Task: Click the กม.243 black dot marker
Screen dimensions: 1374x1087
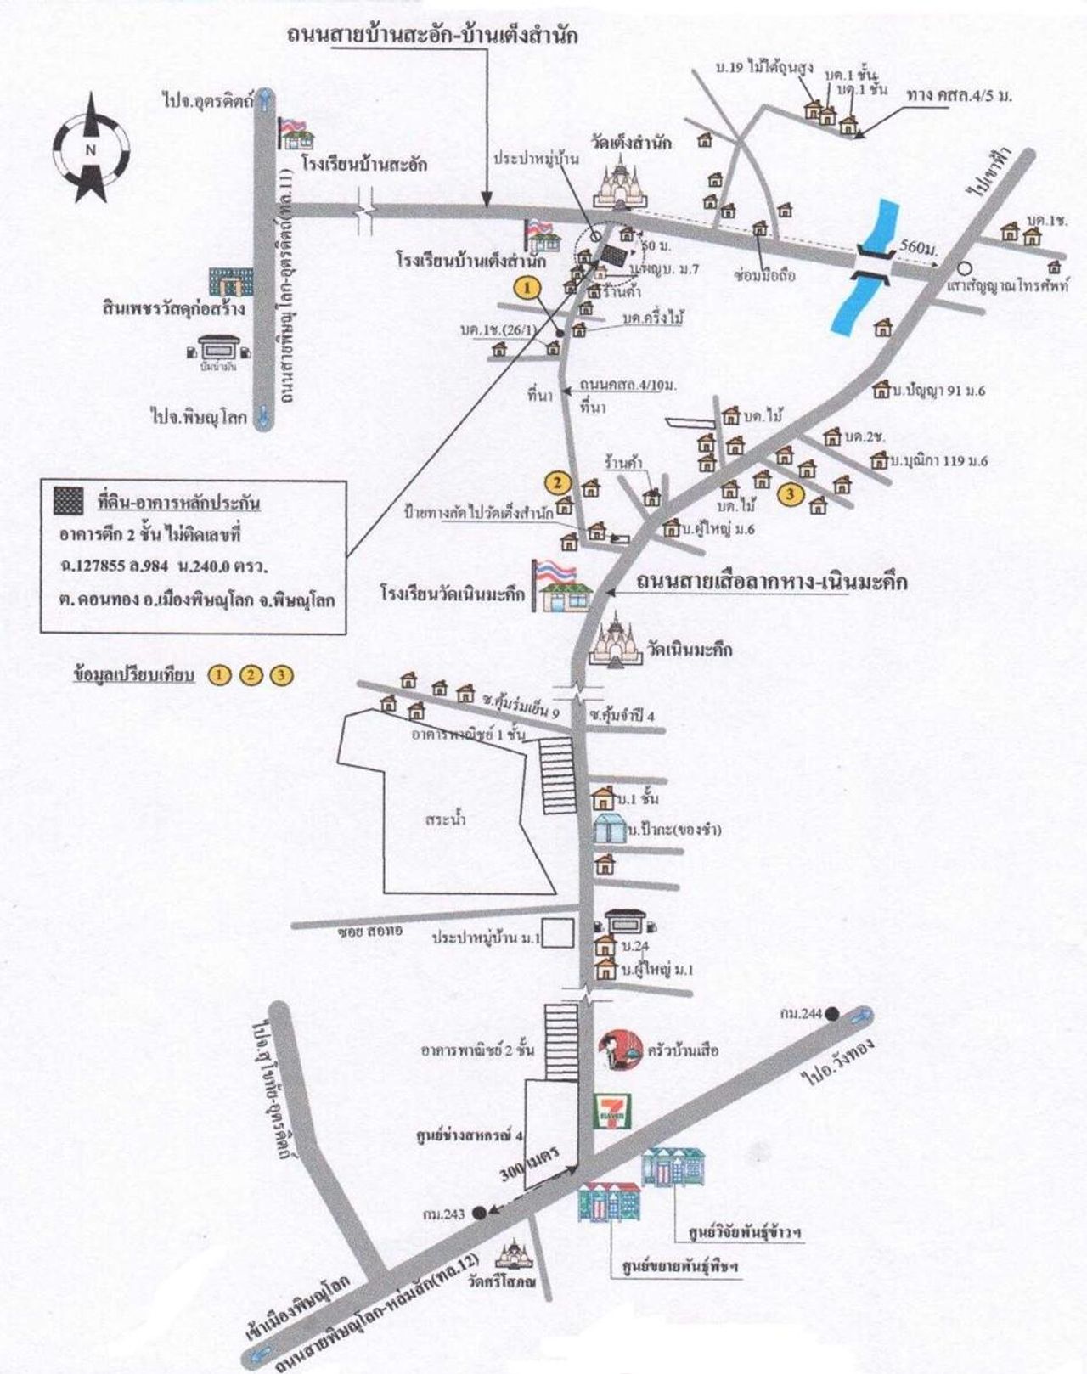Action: [x=480, y=1213]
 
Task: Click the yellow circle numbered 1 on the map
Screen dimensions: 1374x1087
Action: [x=528, y=288]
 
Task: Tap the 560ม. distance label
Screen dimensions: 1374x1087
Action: [x=916, y=248]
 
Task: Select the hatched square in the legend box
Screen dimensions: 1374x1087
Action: [x=69, y=502]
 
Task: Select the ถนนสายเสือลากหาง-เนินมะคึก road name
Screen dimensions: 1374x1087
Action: [x=772, y=583]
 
